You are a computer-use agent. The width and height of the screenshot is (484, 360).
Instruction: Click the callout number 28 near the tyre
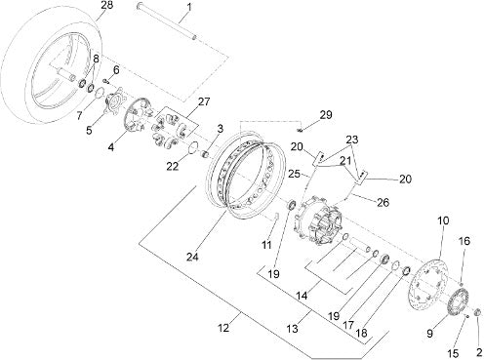106,5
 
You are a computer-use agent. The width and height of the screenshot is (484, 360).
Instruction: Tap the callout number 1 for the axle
189,7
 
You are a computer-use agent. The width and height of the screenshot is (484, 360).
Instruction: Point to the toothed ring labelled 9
458,302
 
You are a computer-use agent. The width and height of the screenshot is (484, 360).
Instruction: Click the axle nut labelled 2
478,312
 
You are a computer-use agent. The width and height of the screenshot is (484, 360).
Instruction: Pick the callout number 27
204,101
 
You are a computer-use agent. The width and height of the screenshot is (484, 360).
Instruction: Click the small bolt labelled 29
301,131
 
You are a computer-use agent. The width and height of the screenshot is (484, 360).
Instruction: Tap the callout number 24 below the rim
192,257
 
